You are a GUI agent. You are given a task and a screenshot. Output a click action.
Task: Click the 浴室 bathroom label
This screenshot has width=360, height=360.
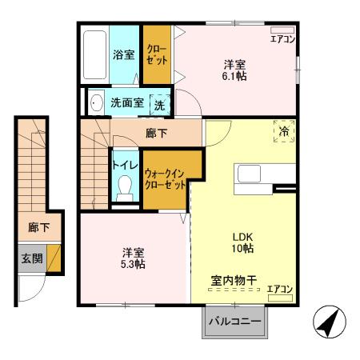(123, 55)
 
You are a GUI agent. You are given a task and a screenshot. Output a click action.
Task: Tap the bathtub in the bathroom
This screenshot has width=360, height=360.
(94, 54)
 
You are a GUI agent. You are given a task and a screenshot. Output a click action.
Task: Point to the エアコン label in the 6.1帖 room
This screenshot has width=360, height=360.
(282, 38)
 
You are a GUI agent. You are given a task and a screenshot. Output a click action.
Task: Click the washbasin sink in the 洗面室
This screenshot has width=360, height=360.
(96, 102)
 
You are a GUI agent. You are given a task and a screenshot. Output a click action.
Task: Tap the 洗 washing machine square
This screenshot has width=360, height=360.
(159, 103)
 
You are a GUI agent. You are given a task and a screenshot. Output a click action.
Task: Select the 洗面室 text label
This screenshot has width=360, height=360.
(126, 103)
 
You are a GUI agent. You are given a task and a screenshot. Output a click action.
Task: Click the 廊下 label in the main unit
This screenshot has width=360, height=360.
(156, 133)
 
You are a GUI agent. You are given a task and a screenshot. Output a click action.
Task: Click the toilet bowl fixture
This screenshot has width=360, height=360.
(124, 187)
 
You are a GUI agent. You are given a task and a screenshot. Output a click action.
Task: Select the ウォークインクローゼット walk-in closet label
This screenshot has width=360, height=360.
(165, 178)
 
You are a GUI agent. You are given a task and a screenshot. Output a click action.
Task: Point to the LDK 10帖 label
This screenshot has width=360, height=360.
(243, 242)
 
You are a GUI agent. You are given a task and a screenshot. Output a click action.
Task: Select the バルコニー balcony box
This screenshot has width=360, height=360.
(235, 322)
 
